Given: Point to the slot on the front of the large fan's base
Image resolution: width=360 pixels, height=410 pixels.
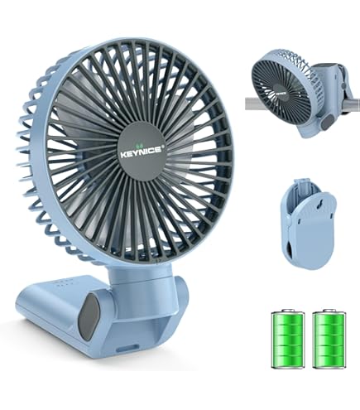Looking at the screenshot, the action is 125,349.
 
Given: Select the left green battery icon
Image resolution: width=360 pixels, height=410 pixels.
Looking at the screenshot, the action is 288,339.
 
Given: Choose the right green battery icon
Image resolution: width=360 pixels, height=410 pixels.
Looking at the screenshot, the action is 329,339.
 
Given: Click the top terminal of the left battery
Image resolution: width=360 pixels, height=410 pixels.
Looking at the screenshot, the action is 288,311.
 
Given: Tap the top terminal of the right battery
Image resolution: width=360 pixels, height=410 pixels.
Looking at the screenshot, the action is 329,311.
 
